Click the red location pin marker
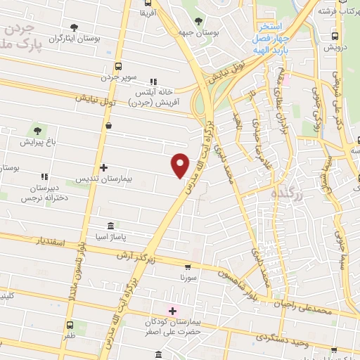tap(181, 165)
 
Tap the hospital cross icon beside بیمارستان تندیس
tap(103, 167)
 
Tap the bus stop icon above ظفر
tap(70, 325)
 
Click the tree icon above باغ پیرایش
tap(37, 130)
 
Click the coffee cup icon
tap(108, 126)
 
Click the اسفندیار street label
tap(49, 243)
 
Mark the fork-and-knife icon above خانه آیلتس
tap(154, 81)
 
